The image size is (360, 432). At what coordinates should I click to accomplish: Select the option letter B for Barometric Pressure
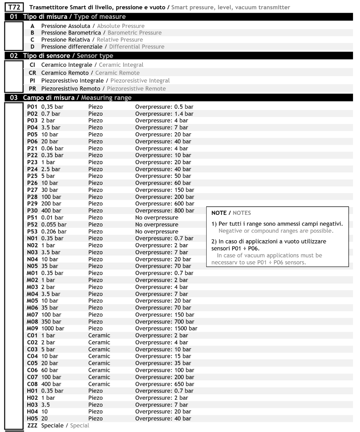(33, 33)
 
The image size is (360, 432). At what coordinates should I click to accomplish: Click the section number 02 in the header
(14, 56)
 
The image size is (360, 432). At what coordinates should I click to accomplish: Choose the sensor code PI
(33, 81)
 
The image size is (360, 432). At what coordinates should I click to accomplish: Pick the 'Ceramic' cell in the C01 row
(99, 335)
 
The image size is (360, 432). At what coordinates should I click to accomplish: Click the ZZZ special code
(33, 425)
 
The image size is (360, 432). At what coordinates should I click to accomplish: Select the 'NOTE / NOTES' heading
(231, 213)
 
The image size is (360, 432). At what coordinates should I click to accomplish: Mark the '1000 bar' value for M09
(53, 328)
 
